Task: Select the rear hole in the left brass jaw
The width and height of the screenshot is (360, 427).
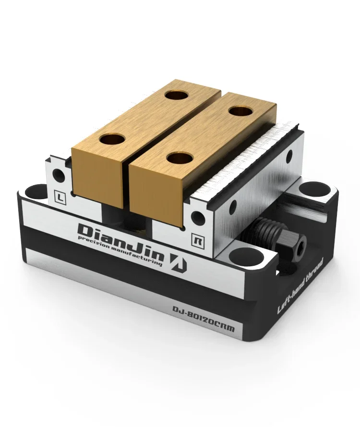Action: click(175, 95)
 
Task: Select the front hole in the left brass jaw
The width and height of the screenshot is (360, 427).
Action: click(113, 140)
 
